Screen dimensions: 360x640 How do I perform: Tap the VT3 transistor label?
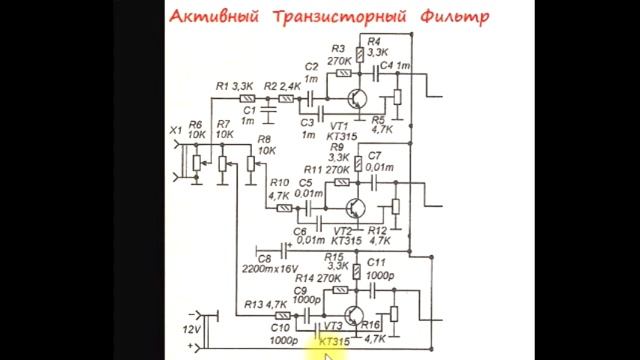point(329,325)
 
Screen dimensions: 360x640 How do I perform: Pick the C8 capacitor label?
point(267,258)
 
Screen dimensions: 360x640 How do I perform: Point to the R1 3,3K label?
point(234,87)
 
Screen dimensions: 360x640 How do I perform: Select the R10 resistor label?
point(278,183)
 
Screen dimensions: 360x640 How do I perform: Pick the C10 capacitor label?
point(280,326)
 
